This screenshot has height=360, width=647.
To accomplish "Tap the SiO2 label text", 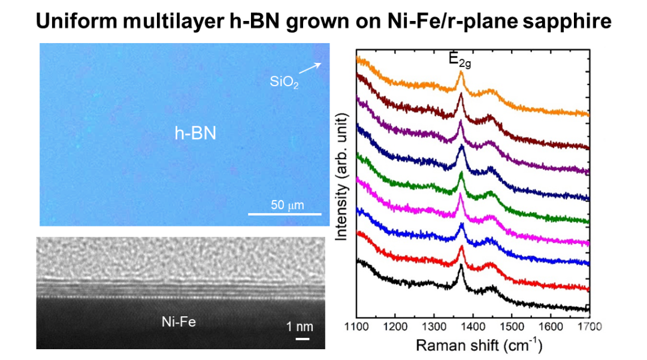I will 283,82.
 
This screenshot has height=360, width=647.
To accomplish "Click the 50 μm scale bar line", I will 285,214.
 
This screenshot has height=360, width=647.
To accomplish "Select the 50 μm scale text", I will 288,205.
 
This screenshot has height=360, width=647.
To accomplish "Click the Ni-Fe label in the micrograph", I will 179,322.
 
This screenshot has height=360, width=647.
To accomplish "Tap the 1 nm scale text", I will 300,327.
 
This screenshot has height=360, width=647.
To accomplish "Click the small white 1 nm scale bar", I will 303,338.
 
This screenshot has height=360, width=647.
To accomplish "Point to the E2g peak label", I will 460,60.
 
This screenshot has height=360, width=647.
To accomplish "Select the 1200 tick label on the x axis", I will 395,327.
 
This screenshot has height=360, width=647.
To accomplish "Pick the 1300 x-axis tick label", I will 434,327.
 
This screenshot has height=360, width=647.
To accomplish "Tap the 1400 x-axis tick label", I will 473,327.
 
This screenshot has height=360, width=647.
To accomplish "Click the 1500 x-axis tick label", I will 512,327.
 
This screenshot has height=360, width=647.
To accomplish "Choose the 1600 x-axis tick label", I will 551,327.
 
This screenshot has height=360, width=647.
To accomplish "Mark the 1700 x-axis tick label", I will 589,327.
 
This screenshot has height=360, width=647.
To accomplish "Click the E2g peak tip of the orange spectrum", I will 461,72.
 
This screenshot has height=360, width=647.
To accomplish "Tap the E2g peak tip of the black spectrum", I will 461,265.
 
